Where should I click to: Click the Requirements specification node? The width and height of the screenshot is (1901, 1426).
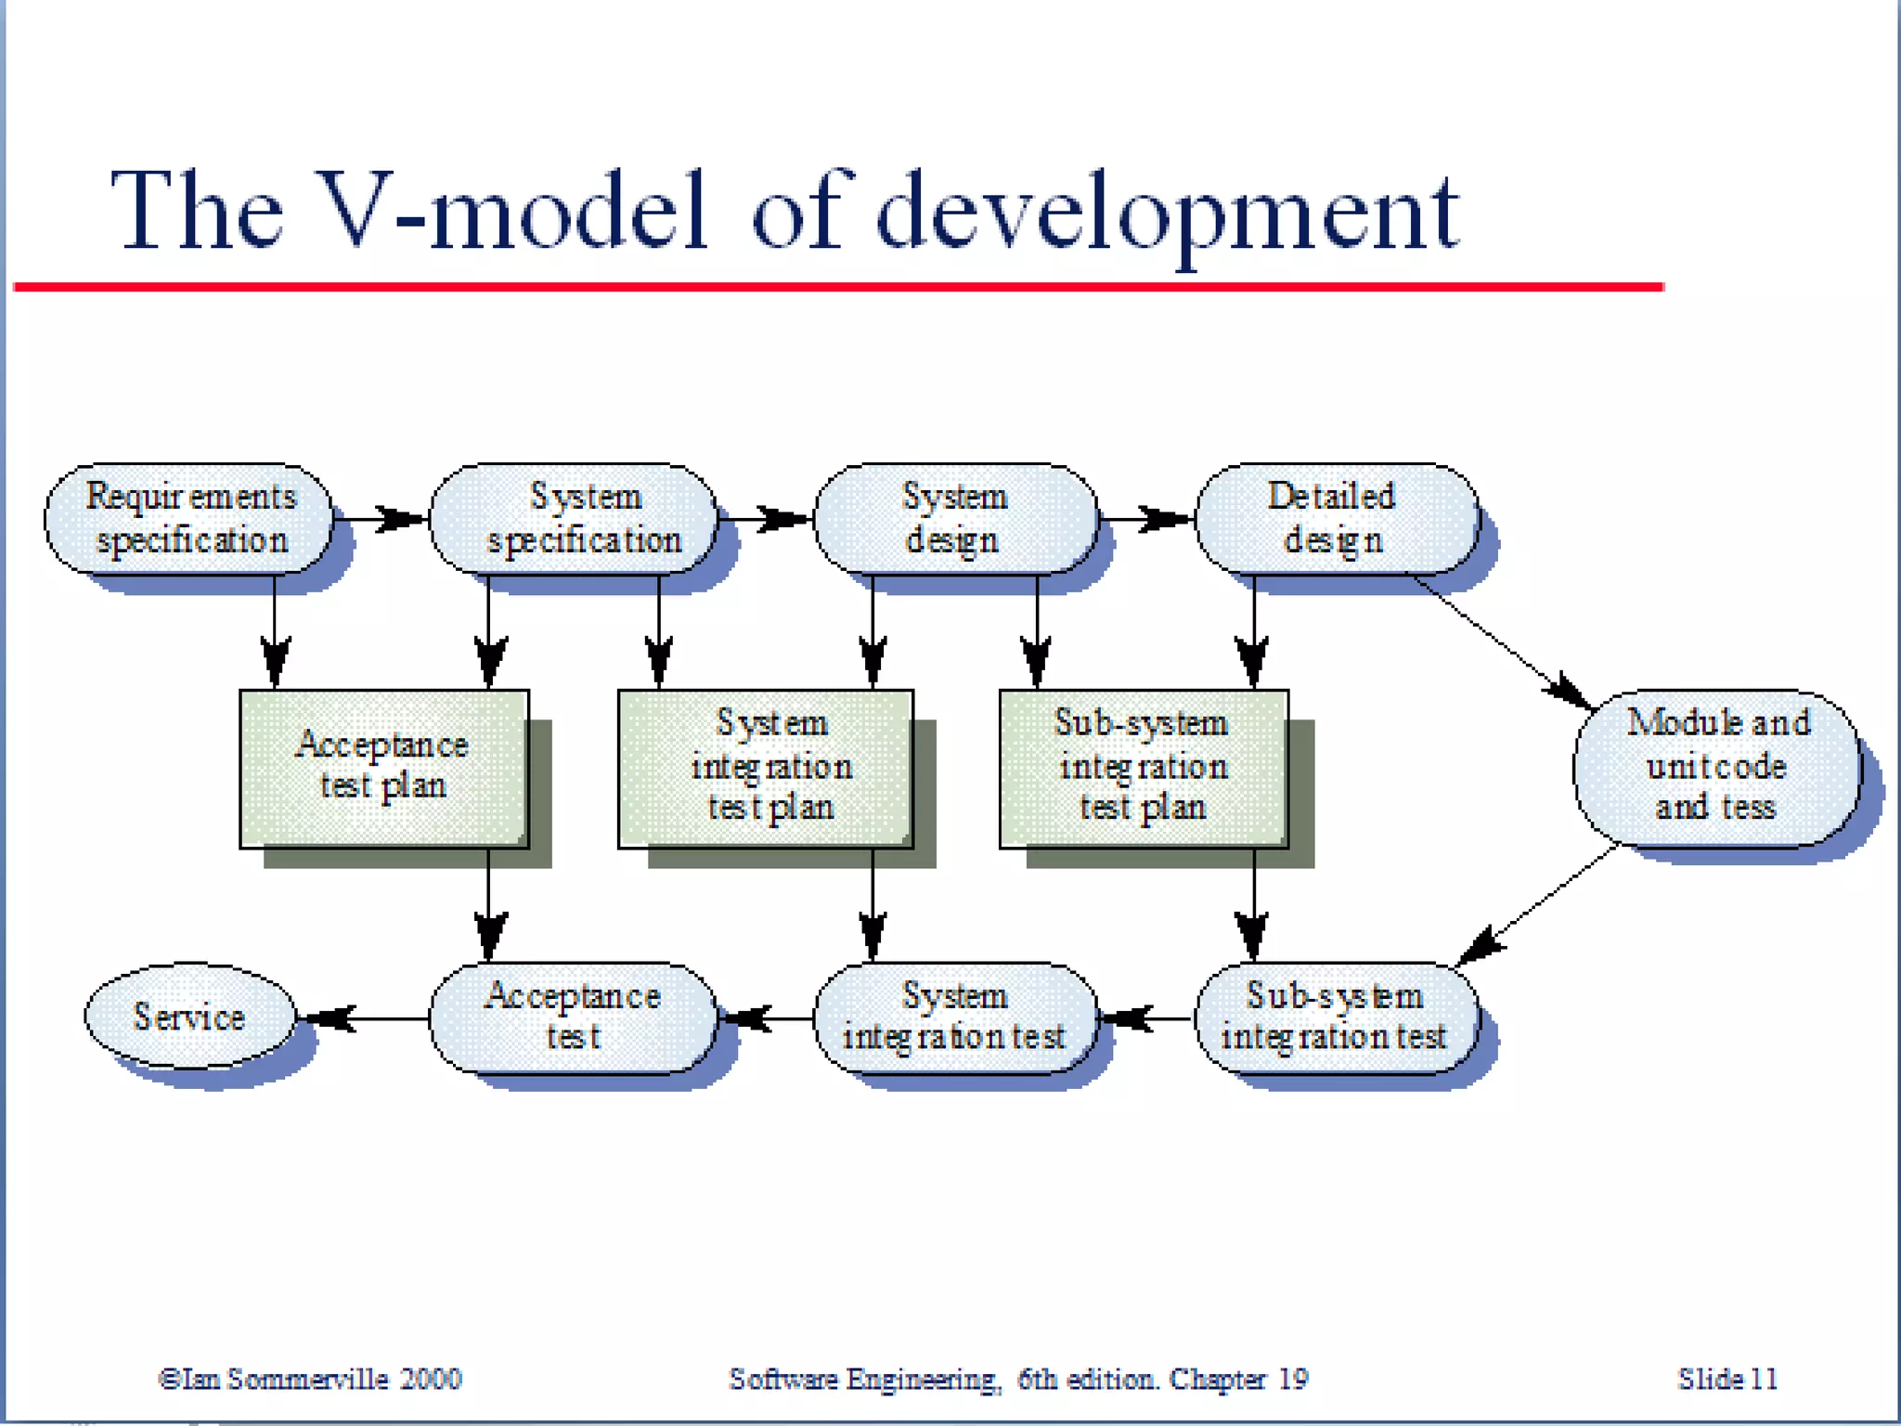pos(189,519)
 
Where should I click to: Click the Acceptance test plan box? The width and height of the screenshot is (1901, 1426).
pos(384,768)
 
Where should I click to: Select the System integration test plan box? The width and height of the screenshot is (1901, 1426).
pos(766,768)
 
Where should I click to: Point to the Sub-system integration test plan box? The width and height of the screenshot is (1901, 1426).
pos(1144,768)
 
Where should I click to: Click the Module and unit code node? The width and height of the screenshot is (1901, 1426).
pos(1717,768)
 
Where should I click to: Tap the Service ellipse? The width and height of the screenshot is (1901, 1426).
pos(190,1017)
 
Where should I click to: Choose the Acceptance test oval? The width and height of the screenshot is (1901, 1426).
pos(574,1018)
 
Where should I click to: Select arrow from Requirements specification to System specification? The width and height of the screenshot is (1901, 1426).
pos(381,519)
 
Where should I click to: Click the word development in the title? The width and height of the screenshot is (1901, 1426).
pos(1168,214)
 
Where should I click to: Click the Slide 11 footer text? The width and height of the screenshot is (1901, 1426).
pos(1726,1379)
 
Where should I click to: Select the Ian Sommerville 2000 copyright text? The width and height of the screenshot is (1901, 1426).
pos(311,1379)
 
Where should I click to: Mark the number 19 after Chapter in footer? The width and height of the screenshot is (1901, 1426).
pos(1293,1379)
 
